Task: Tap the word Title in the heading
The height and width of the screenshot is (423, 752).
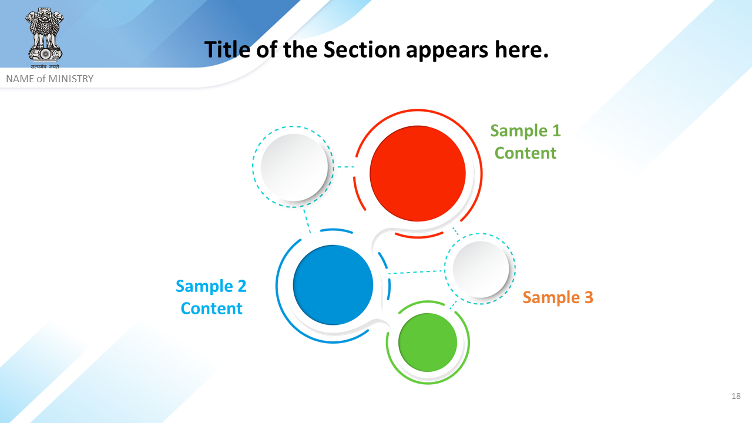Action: click(227, 50)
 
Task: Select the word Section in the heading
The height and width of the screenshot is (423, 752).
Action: click(361, 50)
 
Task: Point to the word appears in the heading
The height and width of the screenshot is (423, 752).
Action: click(448, 51)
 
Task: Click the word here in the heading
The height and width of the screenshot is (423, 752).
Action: click(521, 50)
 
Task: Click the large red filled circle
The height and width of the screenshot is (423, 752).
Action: click(418, 173)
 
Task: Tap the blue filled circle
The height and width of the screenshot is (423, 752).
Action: click(333, 285)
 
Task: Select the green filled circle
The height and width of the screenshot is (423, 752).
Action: click(428, 343)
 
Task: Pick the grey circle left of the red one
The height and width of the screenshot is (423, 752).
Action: click(294, 167)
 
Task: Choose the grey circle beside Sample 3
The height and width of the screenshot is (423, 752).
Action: click(481, 269)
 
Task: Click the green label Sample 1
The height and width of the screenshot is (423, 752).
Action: click(525, 130)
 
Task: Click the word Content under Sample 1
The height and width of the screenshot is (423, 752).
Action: click(525, 153)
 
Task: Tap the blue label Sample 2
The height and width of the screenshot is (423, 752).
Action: click(211, 286)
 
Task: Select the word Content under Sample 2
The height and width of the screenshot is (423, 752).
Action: click(211, 308)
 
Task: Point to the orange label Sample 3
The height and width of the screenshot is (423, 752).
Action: click(558, 297)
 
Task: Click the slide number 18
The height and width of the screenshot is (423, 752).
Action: click(736, 396)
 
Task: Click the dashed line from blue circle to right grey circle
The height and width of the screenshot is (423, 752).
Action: click(417, 272)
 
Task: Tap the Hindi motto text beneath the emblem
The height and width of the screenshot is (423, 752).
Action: click(45, 66)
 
